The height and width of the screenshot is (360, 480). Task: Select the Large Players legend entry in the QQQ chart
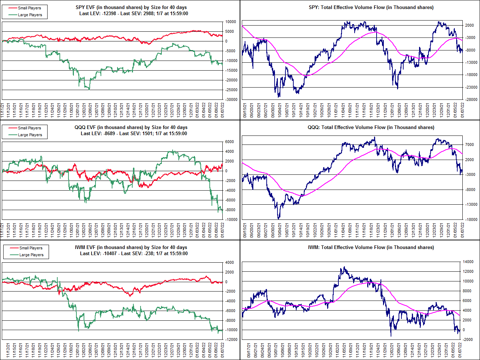tap(30, 135)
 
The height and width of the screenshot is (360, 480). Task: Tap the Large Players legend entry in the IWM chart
tap(31, 255)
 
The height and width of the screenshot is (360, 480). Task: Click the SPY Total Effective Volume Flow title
tap(371, 7)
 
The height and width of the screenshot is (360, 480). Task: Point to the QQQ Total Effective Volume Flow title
tap(371, 127)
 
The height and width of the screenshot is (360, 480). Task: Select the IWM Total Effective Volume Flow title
tap(371, 247)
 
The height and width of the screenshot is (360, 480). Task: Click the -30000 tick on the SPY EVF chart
tap(231, 99)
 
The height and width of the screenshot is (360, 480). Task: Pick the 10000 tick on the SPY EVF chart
tap(231, 22)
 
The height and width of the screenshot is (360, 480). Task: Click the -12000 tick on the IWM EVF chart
tap(231, 339)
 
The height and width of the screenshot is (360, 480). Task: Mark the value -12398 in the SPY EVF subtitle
tap(109, 14)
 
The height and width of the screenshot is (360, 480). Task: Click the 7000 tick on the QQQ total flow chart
tap(469, 145)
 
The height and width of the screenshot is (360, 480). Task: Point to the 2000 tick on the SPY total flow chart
tap(469, 25)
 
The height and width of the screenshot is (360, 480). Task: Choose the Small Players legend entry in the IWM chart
tap(31, 248)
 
